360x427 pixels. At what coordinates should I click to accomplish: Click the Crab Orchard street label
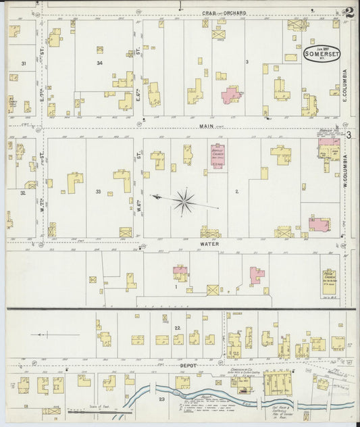pos(226,13)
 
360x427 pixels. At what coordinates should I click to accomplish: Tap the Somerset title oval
pos(321,55)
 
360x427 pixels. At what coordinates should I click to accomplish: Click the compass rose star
pos(183,200)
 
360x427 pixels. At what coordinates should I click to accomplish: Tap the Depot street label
pos(188,365)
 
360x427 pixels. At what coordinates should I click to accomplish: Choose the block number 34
pos(99,64)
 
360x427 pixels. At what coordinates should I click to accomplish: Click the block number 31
pos(24,64)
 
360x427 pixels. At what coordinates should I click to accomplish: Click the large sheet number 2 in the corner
pos(349,12)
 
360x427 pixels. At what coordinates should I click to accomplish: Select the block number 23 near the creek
pos(161,399)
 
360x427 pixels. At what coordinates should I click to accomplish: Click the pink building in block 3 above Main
pos(232,94)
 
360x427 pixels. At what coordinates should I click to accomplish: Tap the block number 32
pos(23,193)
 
